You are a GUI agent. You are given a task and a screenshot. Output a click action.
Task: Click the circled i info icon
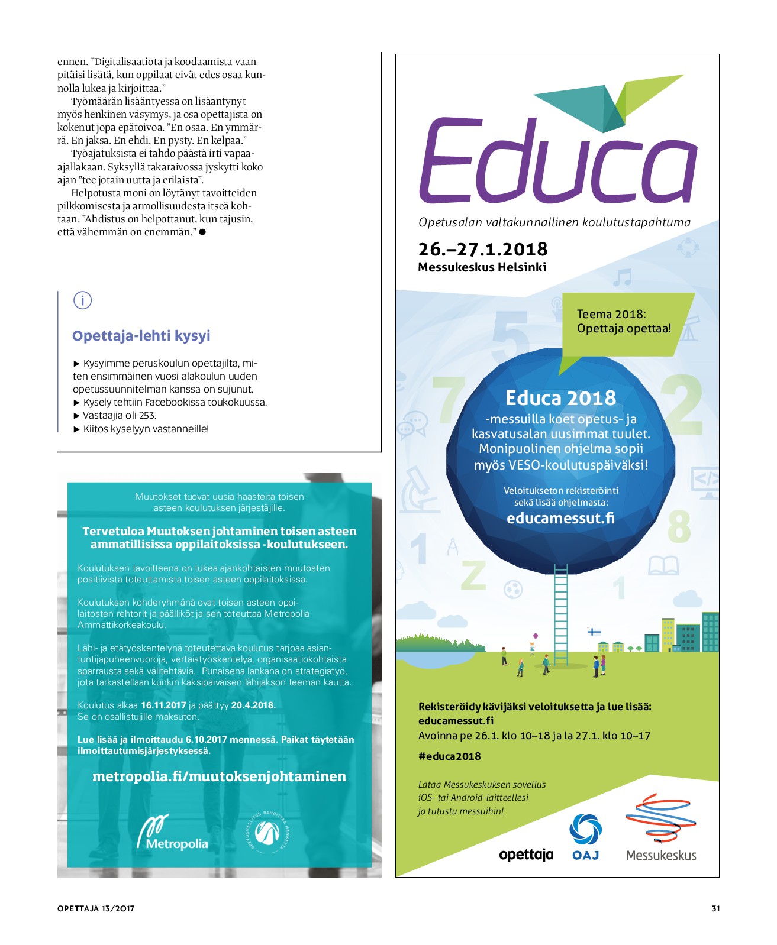(x=82, y=300)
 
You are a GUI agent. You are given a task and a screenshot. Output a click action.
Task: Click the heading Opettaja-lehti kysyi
(x=141, y=336)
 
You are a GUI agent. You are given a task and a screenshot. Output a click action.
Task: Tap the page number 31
(x=715, y=908)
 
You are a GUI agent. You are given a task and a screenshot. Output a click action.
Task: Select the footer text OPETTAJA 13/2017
(x=96, y=908)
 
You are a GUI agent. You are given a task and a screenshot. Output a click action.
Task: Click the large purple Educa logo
(x=557, y=160)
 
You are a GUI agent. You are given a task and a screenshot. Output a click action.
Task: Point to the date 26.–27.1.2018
(x=482, y=249)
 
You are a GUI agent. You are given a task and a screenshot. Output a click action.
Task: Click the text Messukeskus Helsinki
(x=482, y=267)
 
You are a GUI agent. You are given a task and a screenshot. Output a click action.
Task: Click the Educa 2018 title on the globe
(x=560, y=398)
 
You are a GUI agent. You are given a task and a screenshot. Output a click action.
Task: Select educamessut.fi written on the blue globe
(x=560, y=518)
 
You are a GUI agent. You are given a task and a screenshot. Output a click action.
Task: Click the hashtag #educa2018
(x=449, y=756)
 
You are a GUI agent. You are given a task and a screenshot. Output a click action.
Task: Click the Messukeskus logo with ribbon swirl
(x=661, y=828)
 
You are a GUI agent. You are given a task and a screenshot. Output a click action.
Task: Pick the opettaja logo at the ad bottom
(x=525, y=855)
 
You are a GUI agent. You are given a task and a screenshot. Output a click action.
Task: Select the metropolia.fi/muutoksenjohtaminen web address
(x=219, y=776)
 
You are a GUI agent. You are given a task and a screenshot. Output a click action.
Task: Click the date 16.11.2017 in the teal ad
(x=163, y=705)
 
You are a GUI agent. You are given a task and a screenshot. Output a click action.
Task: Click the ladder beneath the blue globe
(x=560, y=615)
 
